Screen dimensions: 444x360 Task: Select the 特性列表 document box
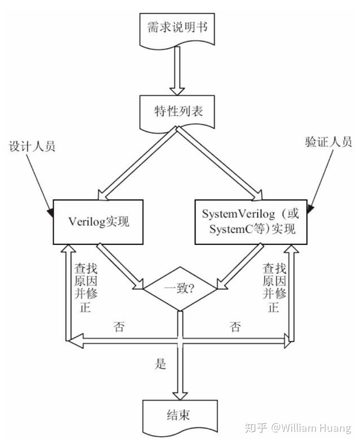pyautogui.click(x=177, y=111)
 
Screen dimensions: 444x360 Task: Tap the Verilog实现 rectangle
pyautogui.click(x=98, y=221)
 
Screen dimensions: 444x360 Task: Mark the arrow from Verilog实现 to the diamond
pyautogui.click(x=121, y=266)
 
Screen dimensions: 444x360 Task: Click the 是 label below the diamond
pyautogui.click(x=161, y=364)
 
